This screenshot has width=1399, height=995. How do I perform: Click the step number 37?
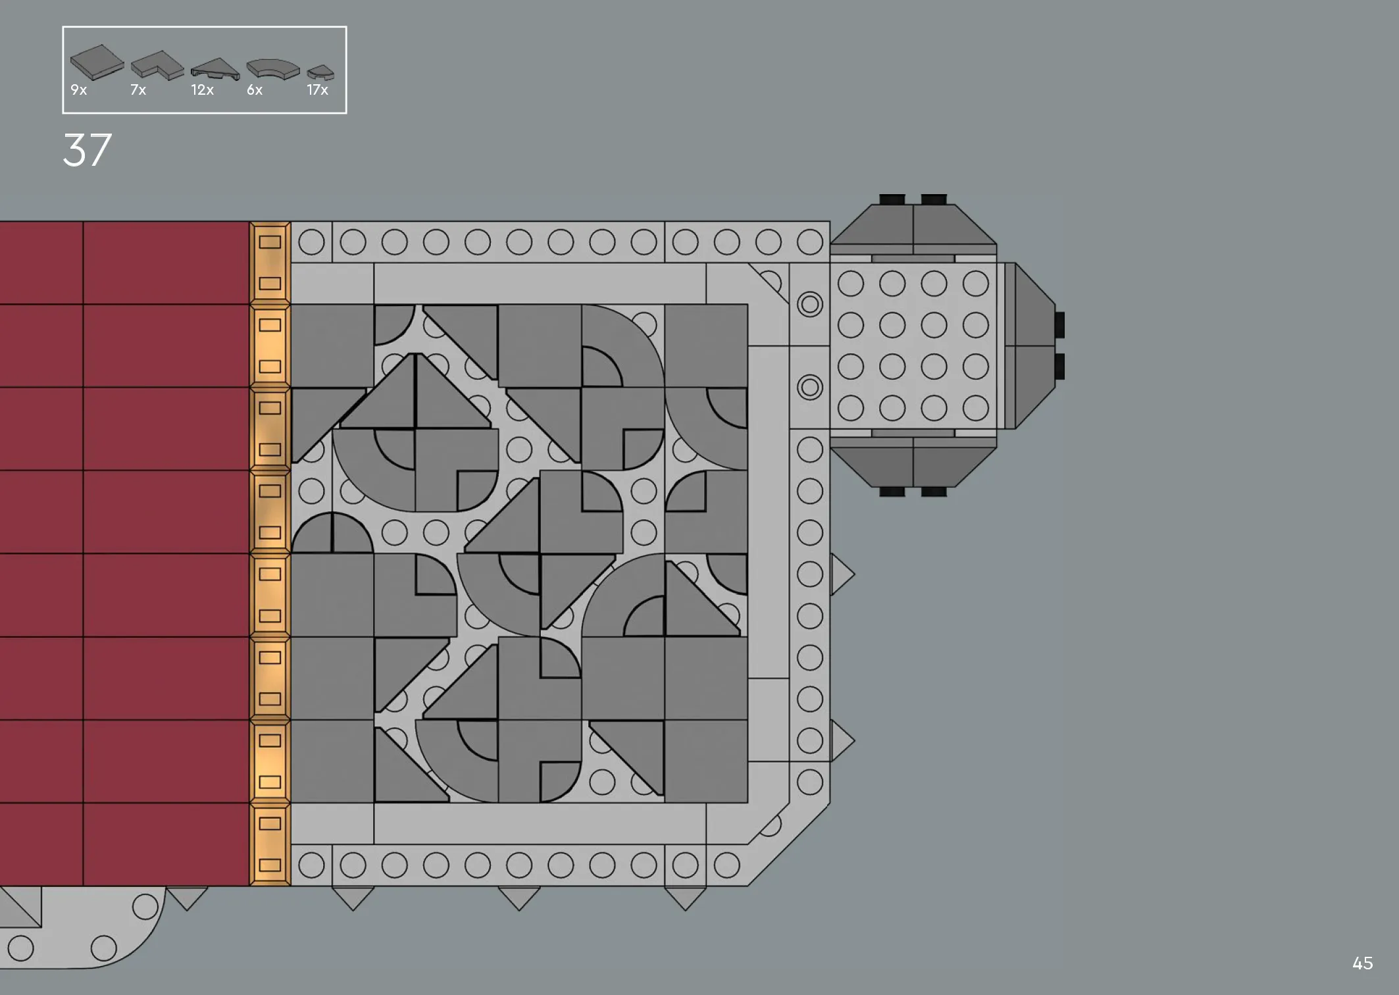coord(88,151)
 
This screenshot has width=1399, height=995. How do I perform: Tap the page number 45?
coord(1363,963)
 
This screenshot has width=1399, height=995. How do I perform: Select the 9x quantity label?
coord(78,90)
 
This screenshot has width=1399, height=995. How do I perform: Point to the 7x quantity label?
coord(138,90)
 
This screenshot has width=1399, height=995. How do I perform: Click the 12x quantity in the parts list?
coord(202,90)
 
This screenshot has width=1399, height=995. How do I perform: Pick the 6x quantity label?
coord(255,90)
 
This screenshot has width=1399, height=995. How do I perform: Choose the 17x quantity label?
coord(317,90)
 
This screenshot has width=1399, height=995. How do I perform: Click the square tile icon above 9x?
coord(97,61)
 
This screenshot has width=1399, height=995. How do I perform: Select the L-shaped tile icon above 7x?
coord(157,66)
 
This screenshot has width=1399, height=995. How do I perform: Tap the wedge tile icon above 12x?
coord(215,70)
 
